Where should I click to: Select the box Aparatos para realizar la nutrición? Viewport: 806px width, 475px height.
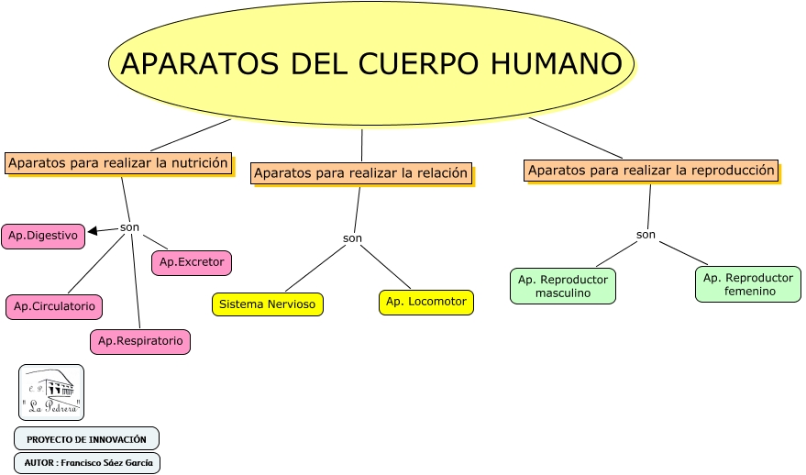[x=117, y=163]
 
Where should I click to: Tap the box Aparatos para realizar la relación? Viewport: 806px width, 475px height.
[x=361, y=172]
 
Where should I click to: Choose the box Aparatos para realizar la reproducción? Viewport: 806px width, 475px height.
[x=651, y=171]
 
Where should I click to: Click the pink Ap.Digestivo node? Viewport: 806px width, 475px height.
[x=43, y=236]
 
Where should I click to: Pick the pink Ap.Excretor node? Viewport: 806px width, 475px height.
[x=192, y=262]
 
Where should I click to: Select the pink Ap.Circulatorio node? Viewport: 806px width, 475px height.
[x=54, y=306]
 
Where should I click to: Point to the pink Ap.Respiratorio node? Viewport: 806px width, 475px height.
[x=140, y=341]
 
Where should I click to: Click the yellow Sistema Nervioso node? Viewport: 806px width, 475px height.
[x=267, y=304]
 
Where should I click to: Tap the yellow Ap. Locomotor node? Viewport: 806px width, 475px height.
[x=425, y=302]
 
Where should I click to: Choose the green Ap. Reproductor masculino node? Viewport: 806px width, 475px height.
[x=563, y=286]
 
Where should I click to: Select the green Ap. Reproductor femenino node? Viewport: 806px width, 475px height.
[x=747, y=284]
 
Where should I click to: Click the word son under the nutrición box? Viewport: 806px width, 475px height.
[x=129, y=227]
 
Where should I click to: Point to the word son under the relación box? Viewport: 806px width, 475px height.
[x=352, y=238]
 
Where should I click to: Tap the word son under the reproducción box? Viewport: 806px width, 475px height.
[x=646, y=235]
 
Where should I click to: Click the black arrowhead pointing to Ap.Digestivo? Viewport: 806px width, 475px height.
[x=93, y=231]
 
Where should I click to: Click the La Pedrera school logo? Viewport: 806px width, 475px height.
[x=51, y=392]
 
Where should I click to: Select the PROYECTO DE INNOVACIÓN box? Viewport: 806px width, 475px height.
[x=86, y=438]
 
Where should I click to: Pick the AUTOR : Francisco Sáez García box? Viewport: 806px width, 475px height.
[x=87, y=462]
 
